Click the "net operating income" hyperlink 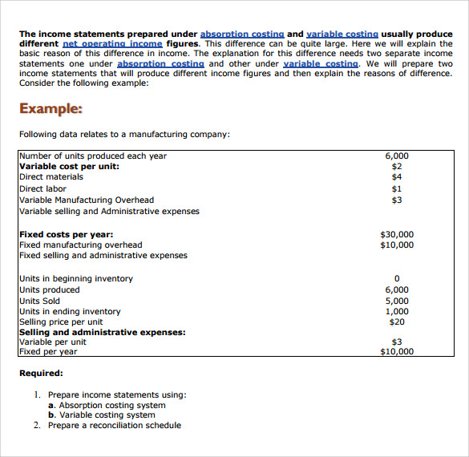point(112,44)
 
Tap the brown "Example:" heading point(51,109)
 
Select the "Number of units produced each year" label point(93,156)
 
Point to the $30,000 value point(397,235)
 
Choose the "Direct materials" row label point(51,177)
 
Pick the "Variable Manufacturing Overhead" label point(87,200)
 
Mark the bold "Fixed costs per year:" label point(66,235)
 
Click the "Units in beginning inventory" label point(76,279)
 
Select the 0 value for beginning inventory point(397,279)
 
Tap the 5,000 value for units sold point(397,301)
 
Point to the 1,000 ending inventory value point(397,312)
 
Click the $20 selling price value point(397,322)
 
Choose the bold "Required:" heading point(41,373)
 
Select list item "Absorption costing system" point(112,406)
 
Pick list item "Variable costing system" point(107,415)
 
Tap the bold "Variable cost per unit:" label point(69,166)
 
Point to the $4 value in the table point(397,177)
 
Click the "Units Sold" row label point(40,301)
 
